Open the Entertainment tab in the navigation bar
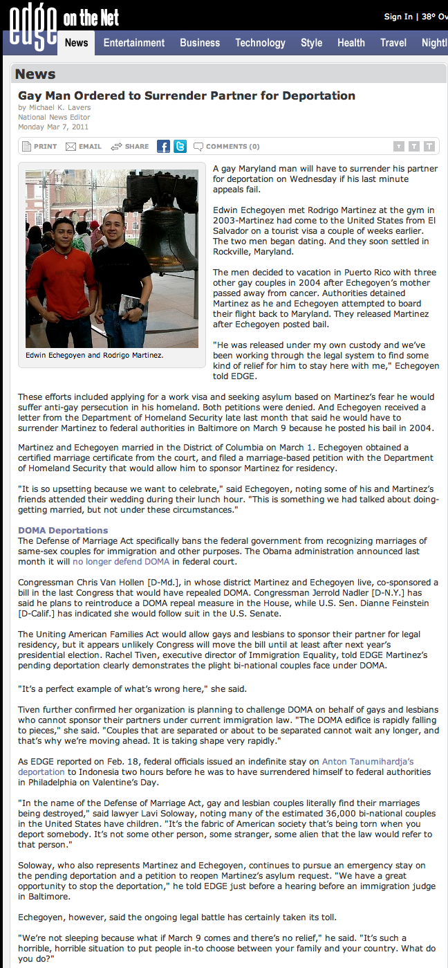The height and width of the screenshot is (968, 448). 134,43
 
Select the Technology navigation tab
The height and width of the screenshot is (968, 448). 260,43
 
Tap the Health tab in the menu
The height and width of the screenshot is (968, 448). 351,43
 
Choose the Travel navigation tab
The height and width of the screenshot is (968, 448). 393,43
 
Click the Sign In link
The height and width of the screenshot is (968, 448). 398,17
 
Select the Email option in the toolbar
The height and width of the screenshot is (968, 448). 84,147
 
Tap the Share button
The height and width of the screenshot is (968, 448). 130,147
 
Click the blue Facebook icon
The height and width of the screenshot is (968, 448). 163,146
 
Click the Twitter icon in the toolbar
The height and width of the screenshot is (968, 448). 180,146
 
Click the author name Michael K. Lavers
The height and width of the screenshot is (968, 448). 59,108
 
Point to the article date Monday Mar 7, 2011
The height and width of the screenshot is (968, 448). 53,127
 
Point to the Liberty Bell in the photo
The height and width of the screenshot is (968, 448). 161,221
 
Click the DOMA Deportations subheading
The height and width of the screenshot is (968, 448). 63,531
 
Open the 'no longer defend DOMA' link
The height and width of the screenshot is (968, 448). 121,561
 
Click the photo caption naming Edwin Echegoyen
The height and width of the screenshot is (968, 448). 95,355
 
